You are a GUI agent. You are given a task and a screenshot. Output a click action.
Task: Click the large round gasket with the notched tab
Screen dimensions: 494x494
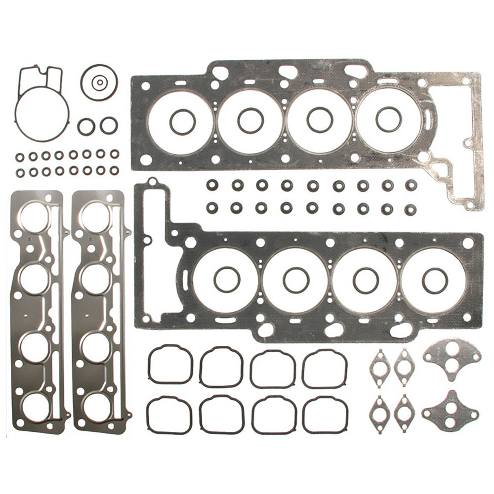[41, 111]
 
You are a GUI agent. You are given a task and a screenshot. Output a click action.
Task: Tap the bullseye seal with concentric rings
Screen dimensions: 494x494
[100, 82]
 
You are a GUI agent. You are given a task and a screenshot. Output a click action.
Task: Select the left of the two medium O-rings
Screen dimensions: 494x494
[86, 126]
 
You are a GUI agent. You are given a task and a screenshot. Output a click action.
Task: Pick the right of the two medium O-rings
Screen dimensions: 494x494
[108, 125]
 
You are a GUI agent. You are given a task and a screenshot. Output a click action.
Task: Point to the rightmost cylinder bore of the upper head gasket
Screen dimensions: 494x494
[389, 120]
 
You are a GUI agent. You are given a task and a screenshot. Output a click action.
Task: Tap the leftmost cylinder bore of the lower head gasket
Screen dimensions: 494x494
[226, 280]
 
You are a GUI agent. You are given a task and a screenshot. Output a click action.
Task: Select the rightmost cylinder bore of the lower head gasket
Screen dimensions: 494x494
[434, 280]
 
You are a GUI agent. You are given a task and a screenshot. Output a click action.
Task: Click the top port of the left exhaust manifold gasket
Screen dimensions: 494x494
[35, 216]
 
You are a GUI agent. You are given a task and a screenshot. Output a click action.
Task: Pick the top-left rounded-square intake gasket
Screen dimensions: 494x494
[170, 365]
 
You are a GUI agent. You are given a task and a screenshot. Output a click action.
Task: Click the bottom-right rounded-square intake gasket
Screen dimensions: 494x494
[325, 415]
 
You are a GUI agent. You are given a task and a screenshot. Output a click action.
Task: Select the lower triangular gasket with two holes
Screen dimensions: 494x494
[451, 410]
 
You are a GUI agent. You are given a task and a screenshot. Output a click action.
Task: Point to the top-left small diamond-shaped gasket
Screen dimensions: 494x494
[380, 366]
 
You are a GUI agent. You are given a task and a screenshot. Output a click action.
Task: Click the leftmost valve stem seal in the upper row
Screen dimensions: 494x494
[212, 185]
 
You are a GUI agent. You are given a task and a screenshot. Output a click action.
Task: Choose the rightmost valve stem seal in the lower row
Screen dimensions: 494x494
[410, 209]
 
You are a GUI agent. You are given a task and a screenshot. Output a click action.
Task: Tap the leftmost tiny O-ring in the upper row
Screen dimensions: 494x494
[20, 157]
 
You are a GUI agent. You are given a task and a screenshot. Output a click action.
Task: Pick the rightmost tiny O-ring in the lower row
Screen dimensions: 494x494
[114, 171]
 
